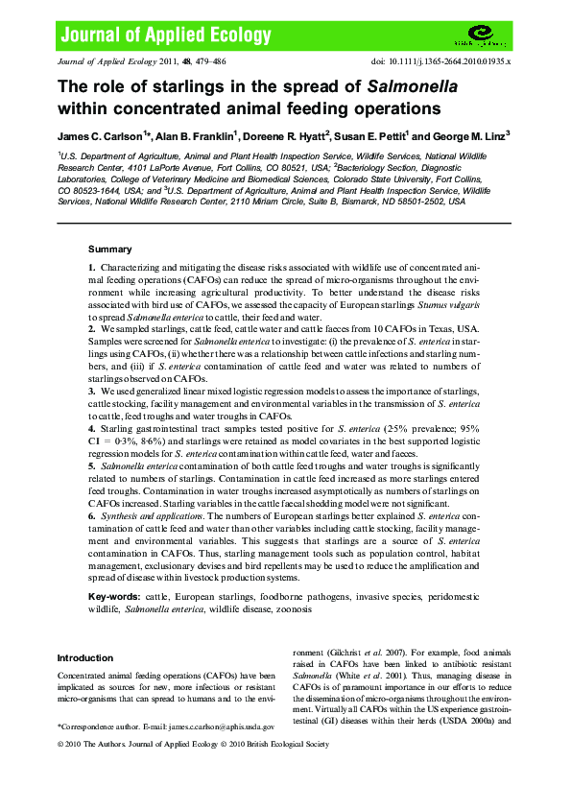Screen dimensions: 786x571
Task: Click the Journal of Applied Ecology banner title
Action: coord(166,36)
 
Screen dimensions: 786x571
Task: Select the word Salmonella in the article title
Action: coord(412,84)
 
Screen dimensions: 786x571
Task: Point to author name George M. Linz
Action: coord(469,136)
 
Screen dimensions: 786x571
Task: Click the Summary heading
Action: coord(109,249)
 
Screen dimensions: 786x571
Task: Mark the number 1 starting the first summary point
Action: coord(91,266)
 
